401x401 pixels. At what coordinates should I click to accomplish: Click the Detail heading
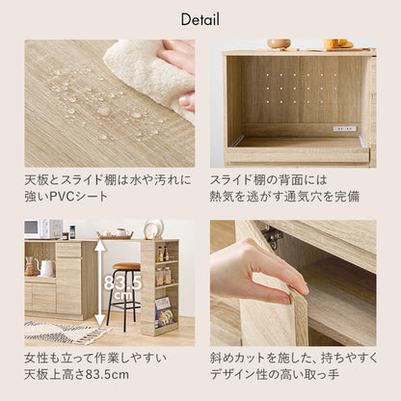(x=200, y=19)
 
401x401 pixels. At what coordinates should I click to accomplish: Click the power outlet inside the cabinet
(x=344, y=127)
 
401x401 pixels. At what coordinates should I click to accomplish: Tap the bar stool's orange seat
(x=126, y=266)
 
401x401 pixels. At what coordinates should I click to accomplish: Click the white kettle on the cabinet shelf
(x=45, y=267)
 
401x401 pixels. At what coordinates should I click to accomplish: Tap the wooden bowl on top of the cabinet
(x=279, y=43)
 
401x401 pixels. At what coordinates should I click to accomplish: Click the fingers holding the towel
(x=182, y=58)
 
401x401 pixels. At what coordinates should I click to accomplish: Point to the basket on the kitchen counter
(x=115, y=234)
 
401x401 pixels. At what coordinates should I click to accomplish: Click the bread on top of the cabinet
(x=335, y=43)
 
